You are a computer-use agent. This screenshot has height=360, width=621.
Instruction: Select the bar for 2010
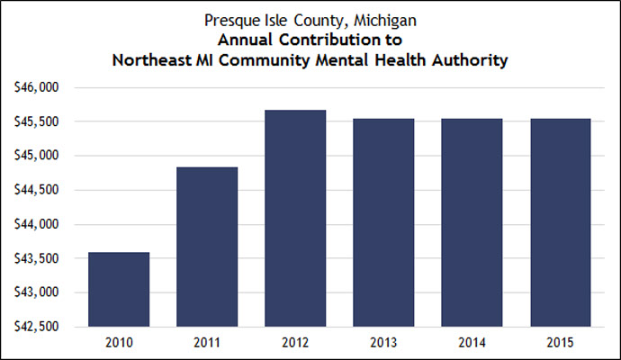(118, 289)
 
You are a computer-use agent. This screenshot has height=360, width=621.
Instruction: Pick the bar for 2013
(382, 222)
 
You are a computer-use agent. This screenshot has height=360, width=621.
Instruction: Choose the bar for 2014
(471, 222)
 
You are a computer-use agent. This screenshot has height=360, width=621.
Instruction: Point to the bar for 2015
(559, 222)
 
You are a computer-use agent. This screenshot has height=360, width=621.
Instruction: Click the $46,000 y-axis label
(37, 87)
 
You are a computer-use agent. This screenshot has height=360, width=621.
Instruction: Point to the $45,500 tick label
(37, 121)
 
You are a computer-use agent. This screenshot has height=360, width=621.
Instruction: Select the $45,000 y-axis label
(37, 156)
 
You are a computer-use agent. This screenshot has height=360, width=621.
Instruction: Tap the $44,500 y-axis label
(37, 190)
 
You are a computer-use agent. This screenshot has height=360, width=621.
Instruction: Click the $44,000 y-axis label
(37, 224)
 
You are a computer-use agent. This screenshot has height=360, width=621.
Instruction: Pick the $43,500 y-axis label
(37, 258)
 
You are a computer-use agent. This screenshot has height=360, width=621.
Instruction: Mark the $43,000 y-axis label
(37, 292)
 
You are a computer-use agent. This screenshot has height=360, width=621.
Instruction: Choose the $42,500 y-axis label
(37, 326)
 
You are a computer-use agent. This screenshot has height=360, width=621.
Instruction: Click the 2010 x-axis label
(118, 342)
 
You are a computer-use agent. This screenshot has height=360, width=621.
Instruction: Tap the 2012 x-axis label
(294, 342)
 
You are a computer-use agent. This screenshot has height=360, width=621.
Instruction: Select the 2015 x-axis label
(559, 342)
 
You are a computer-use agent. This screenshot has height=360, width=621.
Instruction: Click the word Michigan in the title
(385, 19)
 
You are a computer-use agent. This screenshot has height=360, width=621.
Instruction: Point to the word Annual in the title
(250, 40)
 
